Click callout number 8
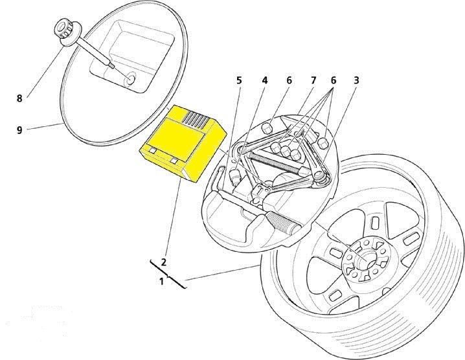tap(19, 98)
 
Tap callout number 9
tap(19, 130)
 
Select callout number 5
tap(239, 80)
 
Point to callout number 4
tap(264, 80)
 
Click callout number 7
tap(313, 80)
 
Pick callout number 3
tap(356, 80)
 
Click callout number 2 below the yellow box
tap(163, 262)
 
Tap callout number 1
tap(162, 281)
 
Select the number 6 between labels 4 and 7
tap(289, 80)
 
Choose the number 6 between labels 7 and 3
tap(334, 80)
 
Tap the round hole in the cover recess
tap(130, 78)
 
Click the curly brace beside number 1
tap(168, 275)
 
